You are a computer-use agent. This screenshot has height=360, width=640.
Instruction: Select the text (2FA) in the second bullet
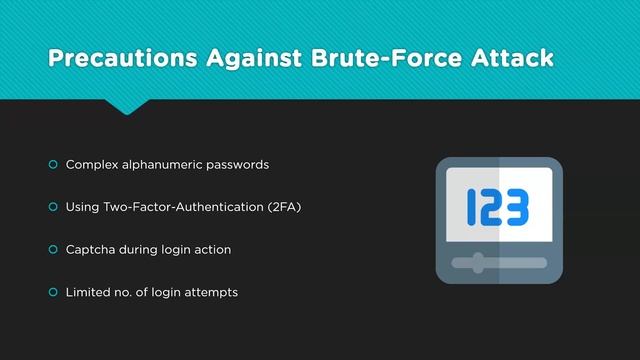pyautogui.click(x=284, y=207)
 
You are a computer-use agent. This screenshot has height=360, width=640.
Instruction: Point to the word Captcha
pyautogui.click(x=89, y=249)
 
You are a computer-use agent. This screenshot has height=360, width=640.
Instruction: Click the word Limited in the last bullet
pyautogui.click(x=87, y=292)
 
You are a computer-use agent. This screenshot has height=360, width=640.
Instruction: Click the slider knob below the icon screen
pyautogui.click(x=478, y=263)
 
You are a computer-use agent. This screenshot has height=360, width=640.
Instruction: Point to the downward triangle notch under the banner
pyautogui.click(x=127, y=107)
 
